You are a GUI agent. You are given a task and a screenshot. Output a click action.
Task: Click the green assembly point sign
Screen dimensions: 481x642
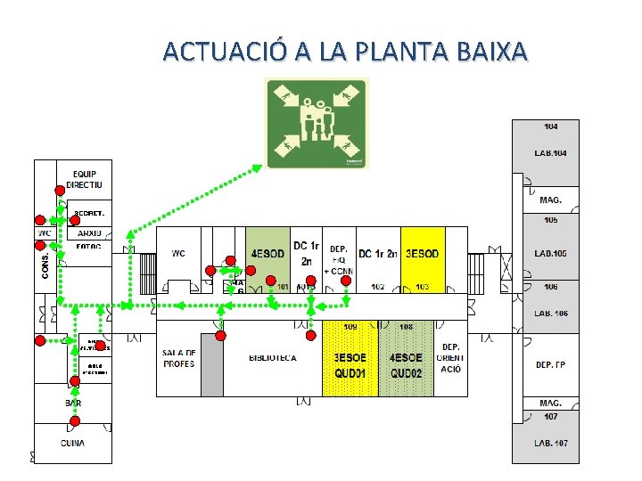(317, 123)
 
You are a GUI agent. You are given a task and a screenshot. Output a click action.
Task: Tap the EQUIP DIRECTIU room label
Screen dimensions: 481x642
(85, 179)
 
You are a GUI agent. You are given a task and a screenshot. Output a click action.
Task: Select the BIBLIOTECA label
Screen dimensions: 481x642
(273, 357)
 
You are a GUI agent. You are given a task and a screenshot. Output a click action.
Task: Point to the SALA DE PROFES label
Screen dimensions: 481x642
(179, 358)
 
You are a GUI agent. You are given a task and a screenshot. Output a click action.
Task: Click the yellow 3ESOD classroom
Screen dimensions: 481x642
(422, 254)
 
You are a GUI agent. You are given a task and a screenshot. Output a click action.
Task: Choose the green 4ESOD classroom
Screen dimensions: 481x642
(267, 254)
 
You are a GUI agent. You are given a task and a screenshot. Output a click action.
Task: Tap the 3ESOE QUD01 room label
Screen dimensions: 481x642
(350, 365)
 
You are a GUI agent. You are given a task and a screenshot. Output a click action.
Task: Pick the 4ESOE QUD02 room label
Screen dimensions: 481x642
(406, 365)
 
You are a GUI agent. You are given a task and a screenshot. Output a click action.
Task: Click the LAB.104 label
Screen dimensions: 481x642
(550, 153)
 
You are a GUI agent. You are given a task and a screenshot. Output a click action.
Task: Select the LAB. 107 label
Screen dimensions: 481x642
(550, 443)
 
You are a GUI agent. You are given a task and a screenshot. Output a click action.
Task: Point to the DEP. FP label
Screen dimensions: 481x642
(550, 365)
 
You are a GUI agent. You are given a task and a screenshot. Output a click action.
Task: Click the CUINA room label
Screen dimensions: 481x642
(73, 443)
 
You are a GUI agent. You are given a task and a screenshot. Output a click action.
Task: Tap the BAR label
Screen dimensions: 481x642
(73, 403)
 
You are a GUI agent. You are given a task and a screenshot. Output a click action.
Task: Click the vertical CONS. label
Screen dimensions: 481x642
(46, 264)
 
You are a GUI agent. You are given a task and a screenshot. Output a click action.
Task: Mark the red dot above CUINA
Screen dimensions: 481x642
(75, 420)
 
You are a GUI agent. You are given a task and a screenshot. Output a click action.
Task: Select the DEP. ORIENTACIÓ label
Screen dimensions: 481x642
(450, 357)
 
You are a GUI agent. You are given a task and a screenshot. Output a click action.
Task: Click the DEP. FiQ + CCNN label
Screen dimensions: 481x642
(339, 260)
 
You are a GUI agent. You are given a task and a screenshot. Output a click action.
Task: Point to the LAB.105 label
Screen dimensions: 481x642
(550, 254)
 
